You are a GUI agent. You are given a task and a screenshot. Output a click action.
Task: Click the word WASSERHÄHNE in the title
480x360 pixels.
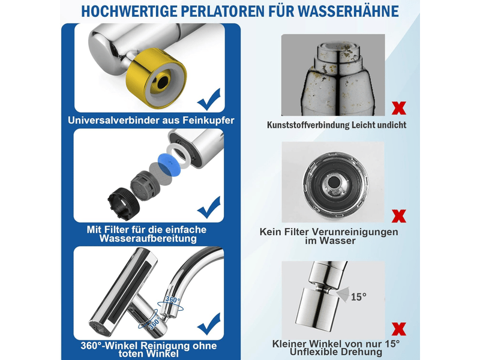(349, 11)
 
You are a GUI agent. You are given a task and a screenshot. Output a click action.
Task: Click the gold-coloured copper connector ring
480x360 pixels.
(156, 79)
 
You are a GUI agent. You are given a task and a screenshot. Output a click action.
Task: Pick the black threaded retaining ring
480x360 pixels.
(124, 203)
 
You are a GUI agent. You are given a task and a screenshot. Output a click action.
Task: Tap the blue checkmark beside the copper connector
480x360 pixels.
(209, 99)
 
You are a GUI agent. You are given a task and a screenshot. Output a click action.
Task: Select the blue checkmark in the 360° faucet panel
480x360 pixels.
(209, 324)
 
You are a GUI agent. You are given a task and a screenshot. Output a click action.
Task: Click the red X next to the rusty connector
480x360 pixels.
(399, 108)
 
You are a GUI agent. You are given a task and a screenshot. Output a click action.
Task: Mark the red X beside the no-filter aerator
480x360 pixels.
(399, 216)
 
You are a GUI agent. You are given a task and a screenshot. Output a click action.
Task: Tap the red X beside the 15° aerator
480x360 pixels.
(399, 329)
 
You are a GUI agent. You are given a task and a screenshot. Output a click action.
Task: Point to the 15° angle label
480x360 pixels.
(358, 296)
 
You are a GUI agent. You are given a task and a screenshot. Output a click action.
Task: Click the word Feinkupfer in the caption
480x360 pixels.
(208, 121)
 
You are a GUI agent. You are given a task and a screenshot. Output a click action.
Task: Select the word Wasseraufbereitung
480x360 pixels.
(148, 238)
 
